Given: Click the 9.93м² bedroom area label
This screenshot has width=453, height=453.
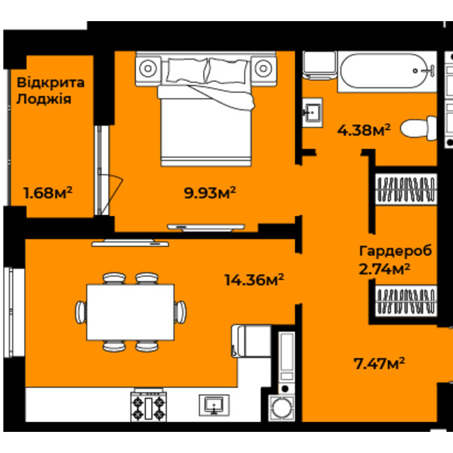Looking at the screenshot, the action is (210, 193).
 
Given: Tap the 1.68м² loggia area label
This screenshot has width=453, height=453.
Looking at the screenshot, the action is (48, 193).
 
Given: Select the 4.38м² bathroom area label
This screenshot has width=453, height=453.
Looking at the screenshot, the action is (364, 130).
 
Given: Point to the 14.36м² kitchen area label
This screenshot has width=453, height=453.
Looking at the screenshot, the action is (254, 279).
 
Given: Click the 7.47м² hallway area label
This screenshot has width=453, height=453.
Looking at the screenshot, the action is (379, 363).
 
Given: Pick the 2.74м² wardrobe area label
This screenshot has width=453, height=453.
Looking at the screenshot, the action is (384, 270).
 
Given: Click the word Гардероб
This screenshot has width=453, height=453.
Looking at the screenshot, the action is (396, 251).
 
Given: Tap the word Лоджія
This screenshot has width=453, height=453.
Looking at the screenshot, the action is (44, 100).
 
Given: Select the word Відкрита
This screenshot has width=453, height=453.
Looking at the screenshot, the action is (51, 83).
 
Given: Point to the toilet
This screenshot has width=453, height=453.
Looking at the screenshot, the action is (418, 128).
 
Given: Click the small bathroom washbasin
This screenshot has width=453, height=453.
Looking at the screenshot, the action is (313, 112).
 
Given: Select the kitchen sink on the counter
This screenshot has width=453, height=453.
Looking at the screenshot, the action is (214, 405).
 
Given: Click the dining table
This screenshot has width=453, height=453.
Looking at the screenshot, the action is (131, 312).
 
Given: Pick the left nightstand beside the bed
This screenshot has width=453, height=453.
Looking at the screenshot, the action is (148, 69).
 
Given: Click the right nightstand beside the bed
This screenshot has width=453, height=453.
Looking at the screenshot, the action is (263, 69).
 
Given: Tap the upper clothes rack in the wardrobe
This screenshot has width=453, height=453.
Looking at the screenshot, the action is (406, 190).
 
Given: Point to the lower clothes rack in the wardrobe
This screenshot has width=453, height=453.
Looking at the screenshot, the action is (406, 301).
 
